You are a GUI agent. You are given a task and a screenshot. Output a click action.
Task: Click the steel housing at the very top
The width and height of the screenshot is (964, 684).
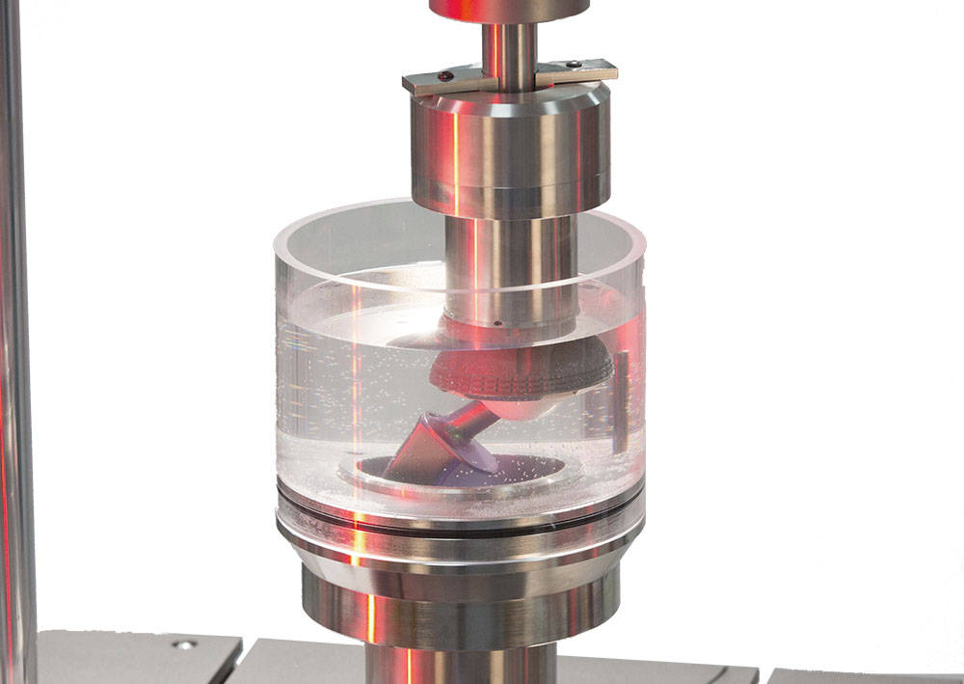509,10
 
